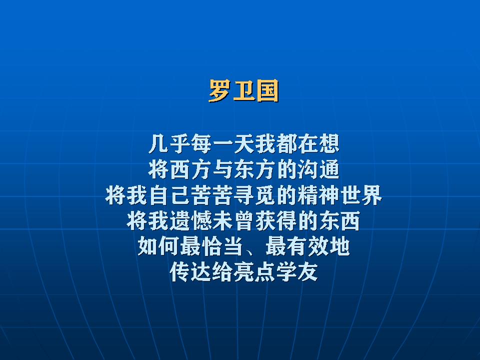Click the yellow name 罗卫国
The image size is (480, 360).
pyautogui.click(x=243, y=90)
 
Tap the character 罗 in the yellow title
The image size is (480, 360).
pyautogui.click(x=220, y=90)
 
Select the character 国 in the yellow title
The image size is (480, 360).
pyautogui.click(x=267, y=90)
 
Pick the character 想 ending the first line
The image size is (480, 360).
pyautogui.click(x=329, y=144)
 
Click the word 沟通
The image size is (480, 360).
pyautogui.click(x=318, y=169)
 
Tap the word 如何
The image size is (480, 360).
pyautogui.click(x=158, y=246)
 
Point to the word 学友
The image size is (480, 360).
pyautogui.click(x=297, y=272)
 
